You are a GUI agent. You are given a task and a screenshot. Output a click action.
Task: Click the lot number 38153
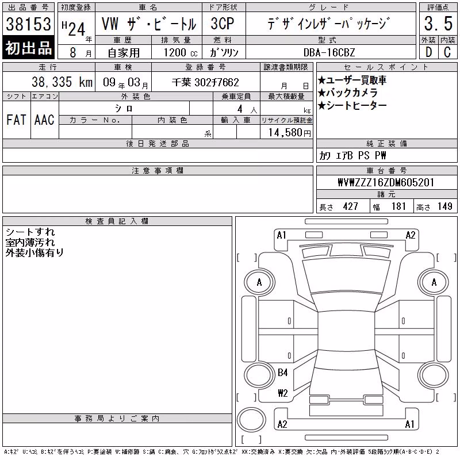(28, 24)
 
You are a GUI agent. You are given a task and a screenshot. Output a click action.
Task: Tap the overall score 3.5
(438, 24)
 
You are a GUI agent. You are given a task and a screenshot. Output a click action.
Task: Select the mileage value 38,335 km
(62, 82)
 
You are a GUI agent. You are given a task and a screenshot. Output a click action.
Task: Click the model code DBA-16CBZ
(329, 52)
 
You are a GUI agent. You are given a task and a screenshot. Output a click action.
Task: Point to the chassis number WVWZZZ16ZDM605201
(386, 182)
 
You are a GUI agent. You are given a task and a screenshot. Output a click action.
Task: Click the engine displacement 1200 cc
(181, 53)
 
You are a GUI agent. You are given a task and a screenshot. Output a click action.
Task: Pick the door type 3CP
(223, 24)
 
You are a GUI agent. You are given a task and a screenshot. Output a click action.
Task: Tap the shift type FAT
(16, 120)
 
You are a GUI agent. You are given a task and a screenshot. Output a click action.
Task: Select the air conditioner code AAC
(44, 120)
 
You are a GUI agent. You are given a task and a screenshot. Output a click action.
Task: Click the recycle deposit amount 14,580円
(289, 133)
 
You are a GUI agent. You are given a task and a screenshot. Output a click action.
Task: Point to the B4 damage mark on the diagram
(282, 373)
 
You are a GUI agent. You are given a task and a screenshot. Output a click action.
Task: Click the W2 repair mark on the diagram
(283, 393)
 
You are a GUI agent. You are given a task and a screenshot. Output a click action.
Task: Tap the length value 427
(350, 206)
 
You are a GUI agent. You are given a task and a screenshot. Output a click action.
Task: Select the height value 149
(444, 206)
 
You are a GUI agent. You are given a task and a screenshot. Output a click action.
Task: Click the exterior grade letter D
(428, 52)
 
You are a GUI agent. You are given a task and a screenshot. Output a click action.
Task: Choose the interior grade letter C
(447, 52)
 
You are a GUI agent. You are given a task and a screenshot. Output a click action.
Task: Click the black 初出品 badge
(28, 48)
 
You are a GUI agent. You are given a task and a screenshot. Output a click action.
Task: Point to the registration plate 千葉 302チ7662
(205, 82)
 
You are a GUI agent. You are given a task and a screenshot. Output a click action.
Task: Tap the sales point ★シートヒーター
(352, 106)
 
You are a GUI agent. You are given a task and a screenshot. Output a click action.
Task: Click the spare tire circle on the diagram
(251, 420)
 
